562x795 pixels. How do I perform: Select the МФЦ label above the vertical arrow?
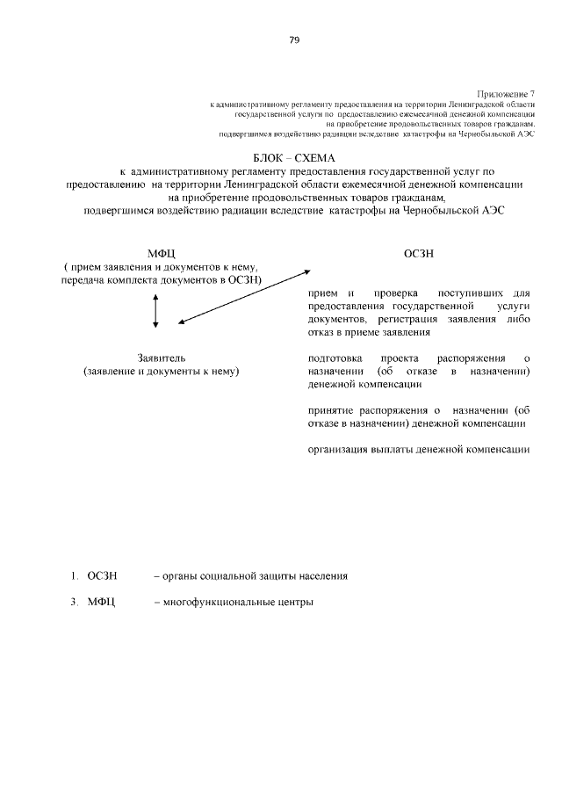tap(162, 254)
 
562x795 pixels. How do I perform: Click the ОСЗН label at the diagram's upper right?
tap(418, 254)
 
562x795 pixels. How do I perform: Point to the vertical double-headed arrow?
tap(155, 311)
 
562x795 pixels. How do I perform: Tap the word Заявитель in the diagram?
tap(162, 358)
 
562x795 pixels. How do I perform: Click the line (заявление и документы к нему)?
tap(162, 372)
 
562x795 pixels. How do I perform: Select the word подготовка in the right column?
tap(335, 358)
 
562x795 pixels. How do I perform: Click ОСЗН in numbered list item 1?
tap(102, 576)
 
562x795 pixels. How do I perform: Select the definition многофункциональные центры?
tap(233, 603)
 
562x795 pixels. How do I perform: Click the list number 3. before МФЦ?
tap(75, 603)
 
